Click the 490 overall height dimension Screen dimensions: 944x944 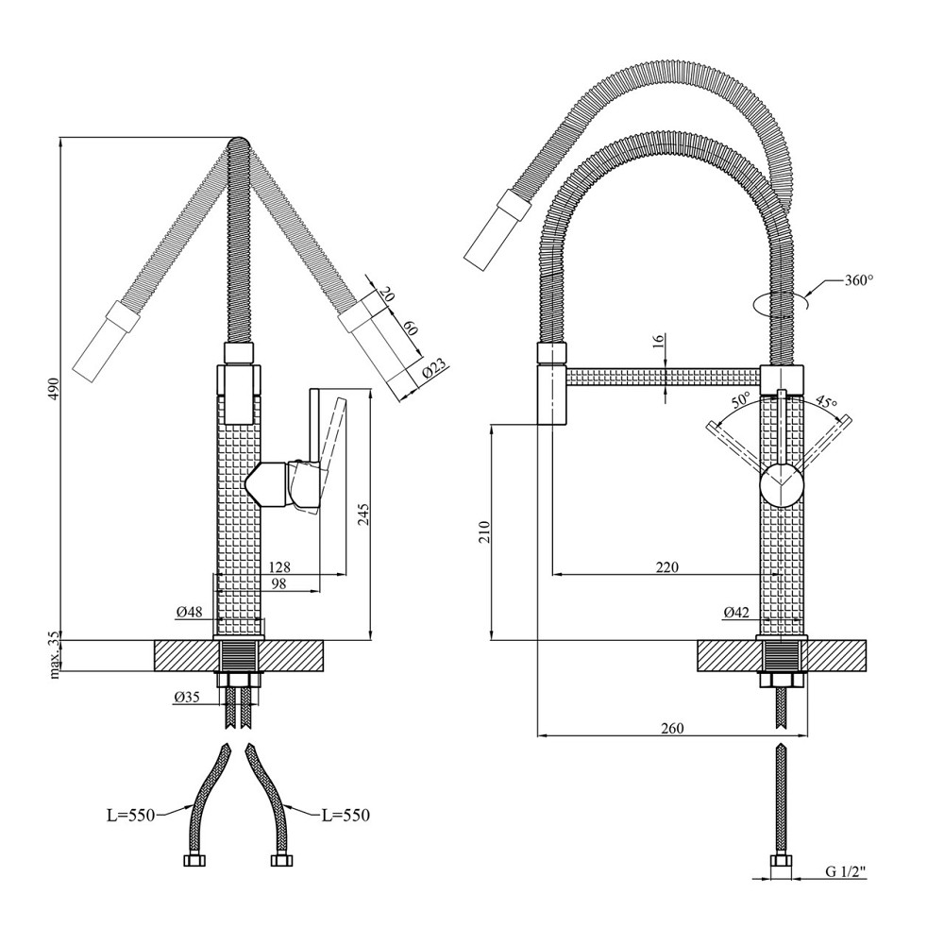point(54,389)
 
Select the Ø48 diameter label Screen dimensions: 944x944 point(189,613)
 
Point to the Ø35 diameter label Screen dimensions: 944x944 point(187,698)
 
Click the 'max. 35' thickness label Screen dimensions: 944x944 point(55,655)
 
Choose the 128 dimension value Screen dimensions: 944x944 point(279,566)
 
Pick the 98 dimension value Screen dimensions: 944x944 point(278,582)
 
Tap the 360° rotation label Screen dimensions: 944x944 point(858,280)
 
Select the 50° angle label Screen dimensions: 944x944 point(739,399)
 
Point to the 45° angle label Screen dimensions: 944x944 point(827,400)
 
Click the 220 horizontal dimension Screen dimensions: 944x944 point(667,566)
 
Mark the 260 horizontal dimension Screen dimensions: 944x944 point(672,728)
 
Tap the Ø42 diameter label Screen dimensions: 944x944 point(736,613)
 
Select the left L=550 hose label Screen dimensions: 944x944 point(130,816)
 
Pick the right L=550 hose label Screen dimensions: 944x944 point(346,816)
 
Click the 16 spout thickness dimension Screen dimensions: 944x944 point(658,340)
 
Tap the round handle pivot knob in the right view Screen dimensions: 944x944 point(781,485)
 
